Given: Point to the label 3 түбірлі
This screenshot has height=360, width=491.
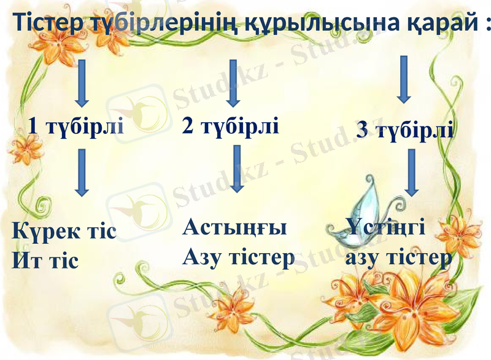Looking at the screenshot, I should (405, 130).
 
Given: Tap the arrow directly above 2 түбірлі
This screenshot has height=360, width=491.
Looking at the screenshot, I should (232, 82).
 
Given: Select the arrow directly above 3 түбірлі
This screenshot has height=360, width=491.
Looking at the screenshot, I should (403, 79).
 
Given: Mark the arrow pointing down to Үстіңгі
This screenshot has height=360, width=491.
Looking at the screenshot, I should (411, 172).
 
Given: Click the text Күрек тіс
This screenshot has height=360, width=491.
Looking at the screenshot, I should (64, 232).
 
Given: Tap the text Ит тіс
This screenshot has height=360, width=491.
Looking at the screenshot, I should (45, 260).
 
